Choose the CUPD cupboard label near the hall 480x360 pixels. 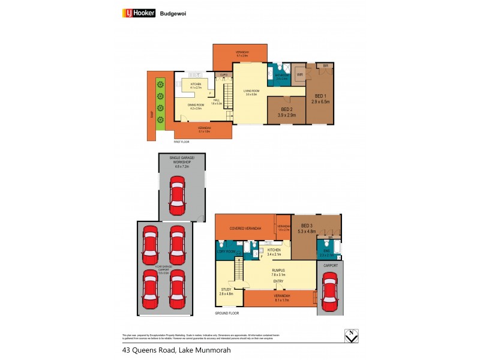click(223, 75)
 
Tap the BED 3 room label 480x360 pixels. click(316, 225)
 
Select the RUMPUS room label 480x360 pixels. click(278, 272)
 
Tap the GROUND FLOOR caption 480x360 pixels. click(227, 313)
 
